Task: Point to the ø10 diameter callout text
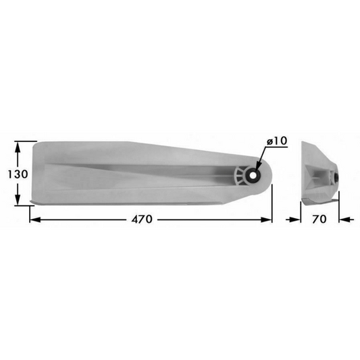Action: [278, 140]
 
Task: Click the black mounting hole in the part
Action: [252, 175]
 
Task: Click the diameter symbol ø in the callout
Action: [270, 140]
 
